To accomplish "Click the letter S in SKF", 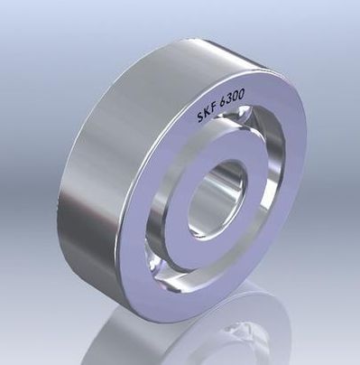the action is (201, 116).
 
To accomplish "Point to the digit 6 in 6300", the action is (224, 101).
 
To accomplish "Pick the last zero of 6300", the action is (241, 91).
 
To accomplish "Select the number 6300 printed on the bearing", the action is (232, 97).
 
